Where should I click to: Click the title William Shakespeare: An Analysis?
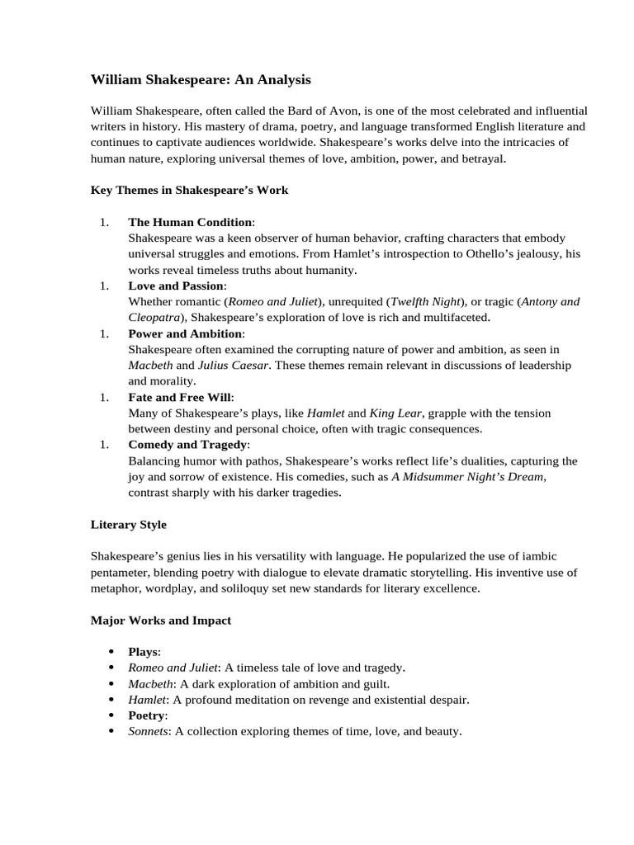coord(201,80)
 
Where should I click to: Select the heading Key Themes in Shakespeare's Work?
coord(189,190)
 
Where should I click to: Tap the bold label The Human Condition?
coord(190,222)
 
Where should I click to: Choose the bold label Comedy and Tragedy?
coord(186,445)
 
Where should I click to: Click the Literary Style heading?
coord(128,524)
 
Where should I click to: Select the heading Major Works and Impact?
coord(160,620)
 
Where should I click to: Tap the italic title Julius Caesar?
coord(234,365)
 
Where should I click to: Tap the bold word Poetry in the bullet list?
coord(146,715)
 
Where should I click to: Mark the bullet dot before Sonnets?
coord(111,731)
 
